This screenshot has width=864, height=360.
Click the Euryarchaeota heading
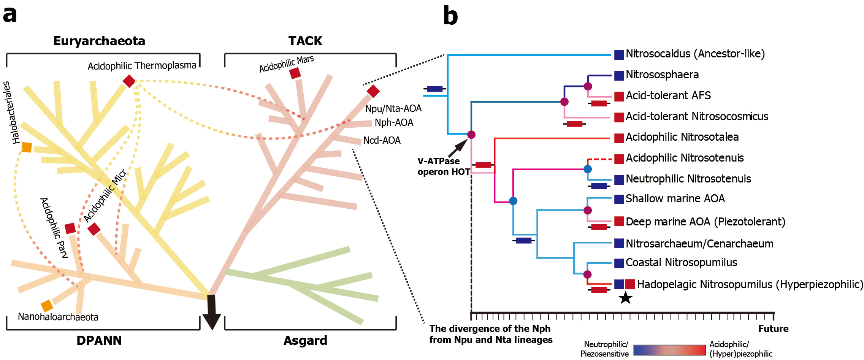click(99, 41)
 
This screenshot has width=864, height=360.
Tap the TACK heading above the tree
click(305, 41)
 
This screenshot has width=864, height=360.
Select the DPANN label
click(99, 340)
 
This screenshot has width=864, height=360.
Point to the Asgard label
click(305, 340)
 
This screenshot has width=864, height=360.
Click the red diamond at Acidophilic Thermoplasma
click(129, 81)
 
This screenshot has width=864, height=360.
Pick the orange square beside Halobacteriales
click(27, 147)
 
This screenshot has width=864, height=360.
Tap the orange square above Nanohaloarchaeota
click(47, 306)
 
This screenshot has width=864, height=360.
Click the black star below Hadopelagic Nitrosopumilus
click(625, 298)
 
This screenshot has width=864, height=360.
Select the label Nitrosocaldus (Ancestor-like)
click(695, 54)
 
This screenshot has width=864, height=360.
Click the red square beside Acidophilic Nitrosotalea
click(619, 138)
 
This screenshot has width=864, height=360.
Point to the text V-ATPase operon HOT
click(443, 167)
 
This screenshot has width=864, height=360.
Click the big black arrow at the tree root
click(212, 312)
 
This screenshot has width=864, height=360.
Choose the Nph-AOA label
click(394, 123)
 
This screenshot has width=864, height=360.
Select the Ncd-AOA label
click(382, 141)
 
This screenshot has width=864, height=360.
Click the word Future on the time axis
click(773, 329)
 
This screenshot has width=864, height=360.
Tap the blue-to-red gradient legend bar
click(669, 350)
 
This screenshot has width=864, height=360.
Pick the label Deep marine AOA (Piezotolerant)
click(705, 222)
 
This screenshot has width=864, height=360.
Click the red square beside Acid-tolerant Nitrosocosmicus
click(619, 117)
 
